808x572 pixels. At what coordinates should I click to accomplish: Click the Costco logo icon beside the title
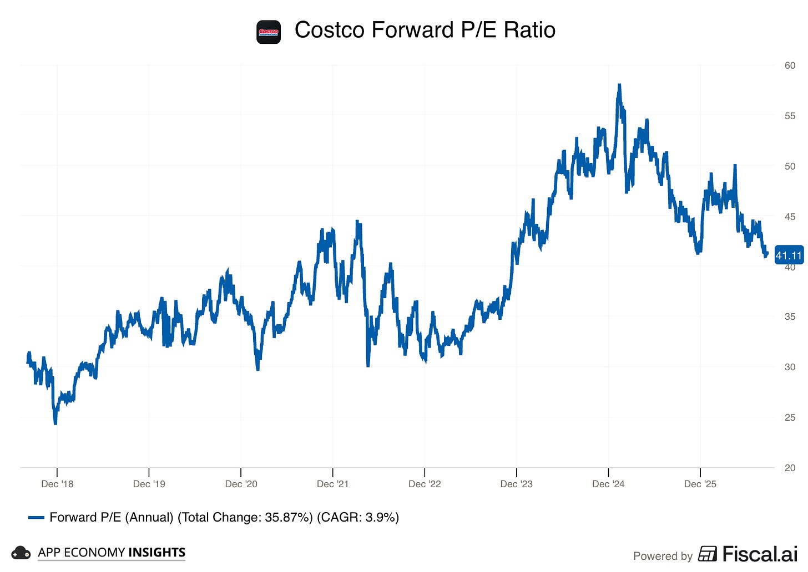point(269,32)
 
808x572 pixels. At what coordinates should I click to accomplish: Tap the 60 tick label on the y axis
point(790,65)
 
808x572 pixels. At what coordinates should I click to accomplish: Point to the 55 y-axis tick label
point(790,116)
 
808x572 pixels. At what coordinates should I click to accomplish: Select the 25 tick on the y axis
point(790,417)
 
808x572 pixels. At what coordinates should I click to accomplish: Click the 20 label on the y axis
point(790,468)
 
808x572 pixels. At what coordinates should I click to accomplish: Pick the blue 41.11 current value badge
point(789,256)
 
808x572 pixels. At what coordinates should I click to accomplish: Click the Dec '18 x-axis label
point(57,484)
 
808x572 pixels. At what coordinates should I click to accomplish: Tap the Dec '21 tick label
point(332,484)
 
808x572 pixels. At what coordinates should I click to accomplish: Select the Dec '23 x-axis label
point(516,484)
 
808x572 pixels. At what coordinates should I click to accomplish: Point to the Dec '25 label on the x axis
point(700,484)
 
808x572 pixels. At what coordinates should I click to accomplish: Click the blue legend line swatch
point(36,518)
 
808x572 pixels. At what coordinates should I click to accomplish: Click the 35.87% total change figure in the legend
point(288,517)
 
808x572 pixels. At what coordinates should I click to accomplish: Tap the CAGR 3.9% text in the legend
point(358,517)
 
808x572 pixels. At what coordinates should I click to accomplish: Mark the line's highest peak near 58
point(619,85)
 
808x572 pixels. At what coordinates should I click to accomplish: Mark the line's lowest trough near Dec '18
point(55,423)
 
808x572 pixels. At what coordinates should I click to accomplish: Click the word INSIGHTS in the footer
point(157,552)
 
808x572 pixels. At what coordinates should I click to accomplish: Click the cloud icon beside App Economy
point(21,553)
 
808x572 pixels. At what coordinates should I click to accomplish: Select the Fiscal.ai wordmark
point(760,554)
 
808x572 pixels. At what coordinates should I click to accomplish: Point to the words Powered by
point(663,556)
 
